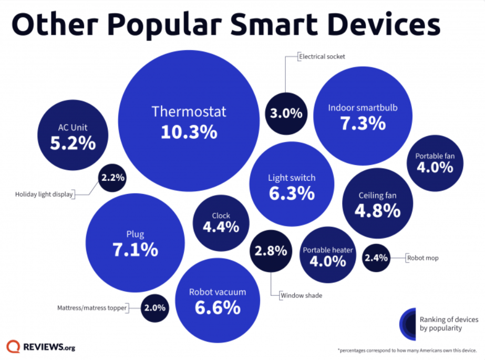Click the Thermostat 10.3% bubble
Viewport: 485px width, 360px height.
point(189,121)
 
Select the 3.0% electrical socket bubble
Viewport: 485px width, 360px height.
point(286,113)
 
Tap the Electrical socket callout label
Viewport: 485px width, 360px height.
point(322,56)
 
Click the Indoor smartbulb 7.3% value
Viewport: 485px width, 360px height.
point(363,124)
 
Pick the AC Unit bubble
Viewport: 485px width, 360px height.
point(73,136)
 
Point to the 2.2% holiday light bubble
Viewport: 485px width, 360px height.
point(112,178)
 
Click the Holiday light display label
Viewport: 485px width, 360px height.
point(44,194)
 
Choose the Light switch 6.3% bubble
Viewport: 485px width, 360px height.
point(292,187)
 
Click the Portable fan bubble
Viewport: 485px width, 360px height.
point(435,162)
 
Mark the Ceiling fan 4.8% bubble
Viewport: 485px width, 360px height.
point(377,204)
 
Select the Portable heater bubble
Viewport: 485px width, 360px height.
point(327,255)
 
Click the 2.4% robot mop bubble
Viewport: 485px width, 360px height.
point(376,258)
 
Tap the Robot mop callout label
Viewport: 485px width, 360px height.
point(422,258)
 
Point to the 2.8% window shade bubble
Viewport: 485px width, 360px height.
point(271,251)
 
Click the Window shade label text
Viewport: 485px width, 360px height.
point(301,295)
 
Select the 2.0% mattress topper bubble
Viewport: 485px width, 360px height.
point(155,308)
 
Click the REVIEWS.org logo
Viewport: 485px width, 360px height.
point(41,347)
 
